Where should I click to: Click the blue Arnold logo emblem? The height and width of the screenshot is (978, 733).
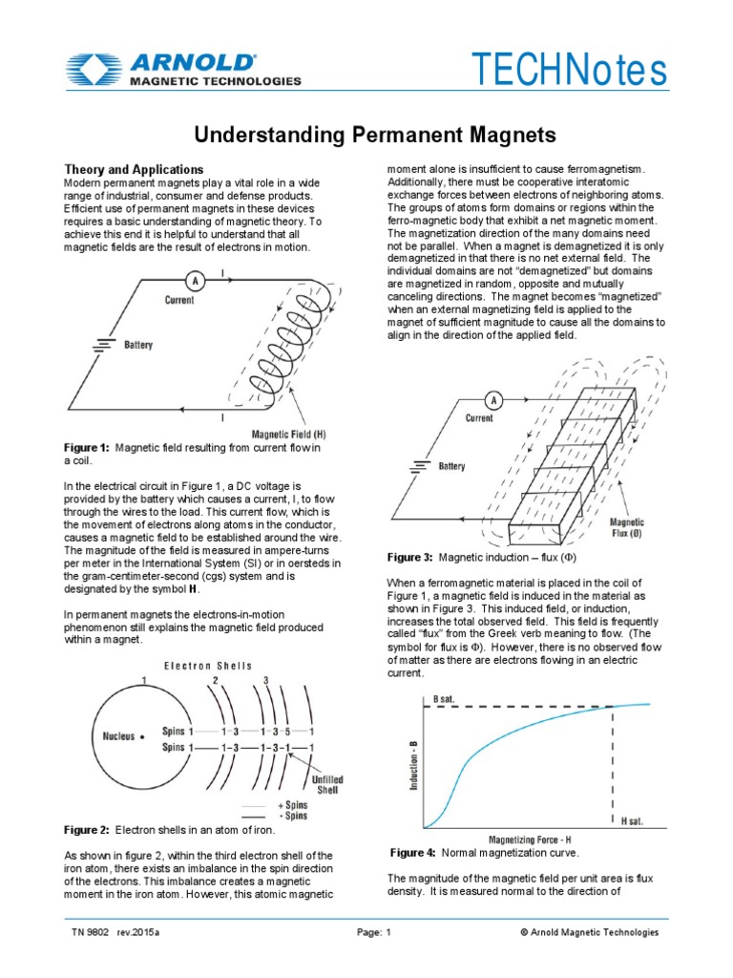[x=93, y=70]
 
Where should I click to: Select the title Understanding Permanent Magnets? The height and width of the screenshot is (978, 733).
[x=366, y=133]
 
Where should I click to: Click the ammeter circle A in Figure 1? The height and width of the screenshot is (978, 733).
[x=196, y=281]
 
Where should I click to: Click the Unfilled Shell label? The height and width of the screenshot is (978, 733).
[x=327, y=785]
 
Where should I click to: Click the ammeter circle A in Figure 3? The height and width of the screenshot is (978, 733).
[x=494, y=400]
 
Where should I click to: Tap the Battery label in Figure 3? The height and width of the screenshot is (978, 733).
[x=451, y=467]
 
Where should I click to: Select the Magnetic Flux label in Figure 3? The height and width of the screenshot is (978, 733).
[x=627, y=528]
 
